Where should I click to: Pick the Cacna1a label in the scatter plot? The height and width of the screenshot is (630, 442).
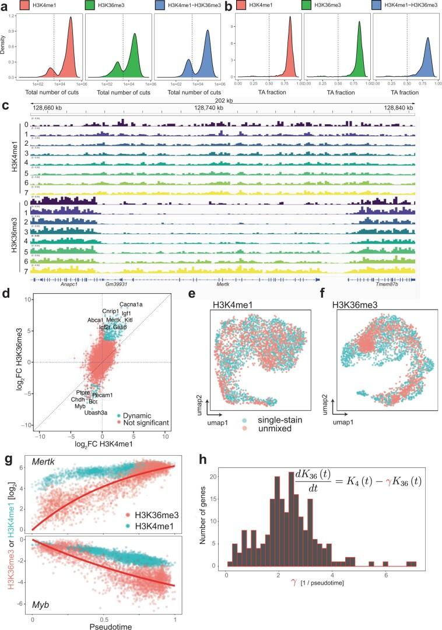(130, 304)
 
